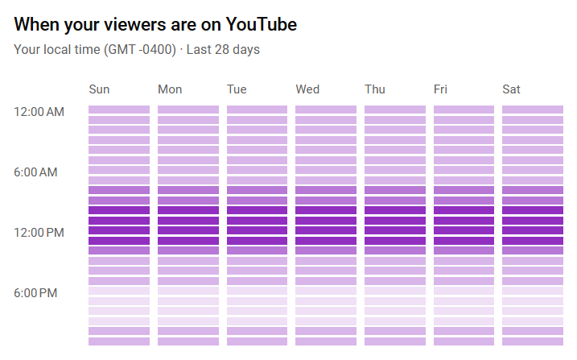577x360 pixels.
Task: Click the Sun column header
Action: tap(99, 89)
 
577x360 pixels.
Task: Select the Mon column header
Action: tap(170, 89)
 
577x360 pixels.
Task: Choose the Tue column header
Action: tap(237, 89)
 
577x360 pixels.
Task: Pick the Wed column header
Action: tap(307, 89)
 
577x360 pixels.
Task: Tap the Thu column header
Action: tap(376, 89)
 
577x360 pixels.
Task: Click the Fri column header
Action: tap(440, 89)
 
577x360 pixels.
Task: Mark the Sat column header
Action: tap(511, 89)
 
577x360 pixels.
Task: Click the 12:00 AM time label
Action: tap(39, 112)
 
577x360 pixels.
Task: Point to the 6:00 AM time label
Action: tap(35, 172)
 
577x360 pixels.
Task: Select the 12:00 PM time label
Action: tap(39, 233)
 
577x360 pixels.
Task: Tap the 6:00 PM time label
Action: tap(35, 293)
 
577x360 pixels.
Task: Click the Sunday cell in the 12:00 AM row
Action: tap(119, 110)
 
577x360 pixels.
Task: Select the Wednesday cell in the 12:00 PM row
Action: tap(326, 230)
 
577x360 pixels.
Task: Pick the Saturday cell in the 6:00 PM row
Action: tap(533, 291)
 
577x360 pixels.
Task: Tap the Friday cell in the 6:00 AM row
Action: tap(464, 170)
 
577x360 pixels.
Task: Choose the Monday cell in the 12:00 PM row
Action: tap(188, 230)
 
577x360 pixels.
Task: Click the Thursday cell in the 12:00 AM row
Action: tap(394, 110)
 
